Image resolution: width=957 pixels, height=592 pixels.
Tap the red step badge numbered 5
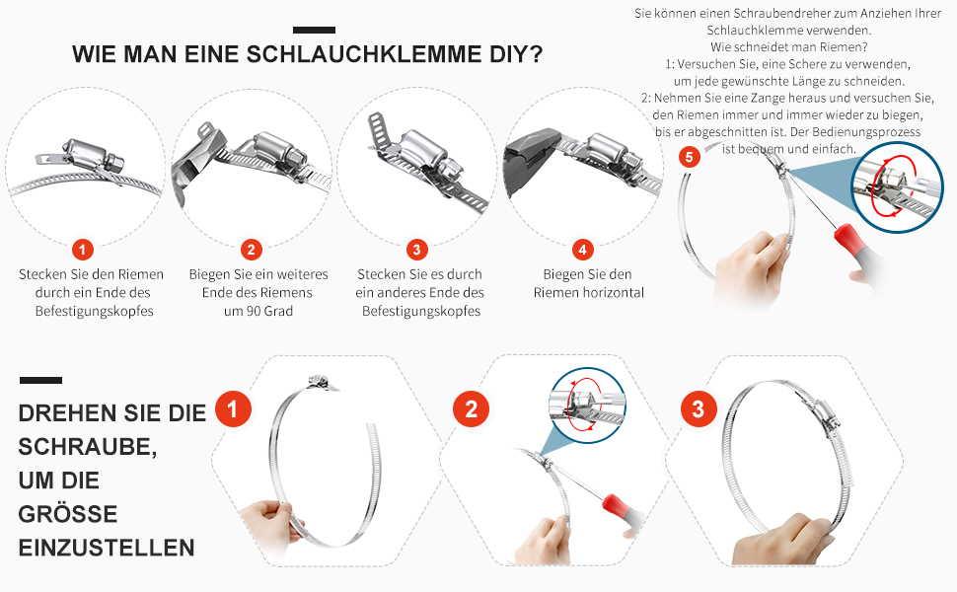(x=689, y=157)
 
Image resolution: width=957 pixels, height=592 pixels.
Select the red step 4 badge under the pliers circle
(x=583, y=250)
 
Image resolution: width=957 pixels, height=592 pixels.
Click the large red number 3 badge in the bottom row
(x=699, y=408)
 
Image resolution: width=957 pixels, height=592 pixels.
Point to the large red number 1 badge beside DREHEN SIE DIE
(x=233, y=408)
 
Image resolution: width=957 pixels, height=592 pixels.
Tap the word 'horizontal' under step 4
(x=611, y=293)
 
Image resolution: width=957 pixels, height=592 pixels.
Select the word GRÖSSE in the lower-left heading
(x=68, y=514)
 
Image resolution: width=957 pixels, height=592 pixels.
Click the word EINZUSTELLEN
(x=107, y=548)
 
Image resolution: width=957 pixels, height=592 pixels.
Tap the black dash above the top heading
(x=314, y=30)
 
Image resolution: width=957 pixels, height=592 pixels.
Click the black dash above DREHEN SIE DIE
(x=40, y=380)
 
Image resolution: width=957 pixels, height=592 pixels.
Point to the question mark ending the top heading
(x=537, y=54)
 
